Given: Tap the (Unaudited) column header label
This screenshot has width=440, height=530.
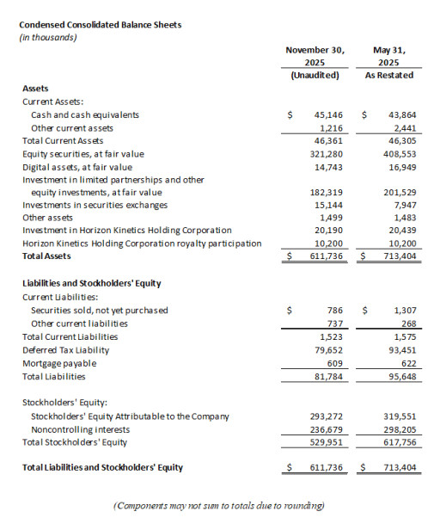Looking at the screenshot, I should tap(315, 75).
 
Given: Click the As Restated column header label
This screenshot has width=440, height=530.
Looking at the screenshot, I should tap(390, 75).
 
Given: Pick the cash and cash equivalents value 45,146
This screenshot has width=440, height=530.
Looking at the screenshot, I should tap(327, 114).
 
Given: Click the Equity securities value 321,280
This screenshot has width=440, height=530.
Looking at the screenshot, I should tap(325, 153).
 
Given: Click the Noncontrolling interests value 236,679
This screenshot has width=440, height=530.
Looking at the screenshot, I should tap(325, 428).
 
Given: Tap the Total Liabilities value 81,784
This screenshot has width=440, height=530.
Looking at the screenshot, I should tap(327, 376).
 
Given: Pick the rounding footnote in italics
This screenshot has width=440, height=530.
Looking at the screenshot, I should tap(219, 506).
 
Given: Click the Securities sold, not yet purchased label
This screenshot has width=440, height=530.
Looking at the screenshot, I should tap(100, 310).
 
